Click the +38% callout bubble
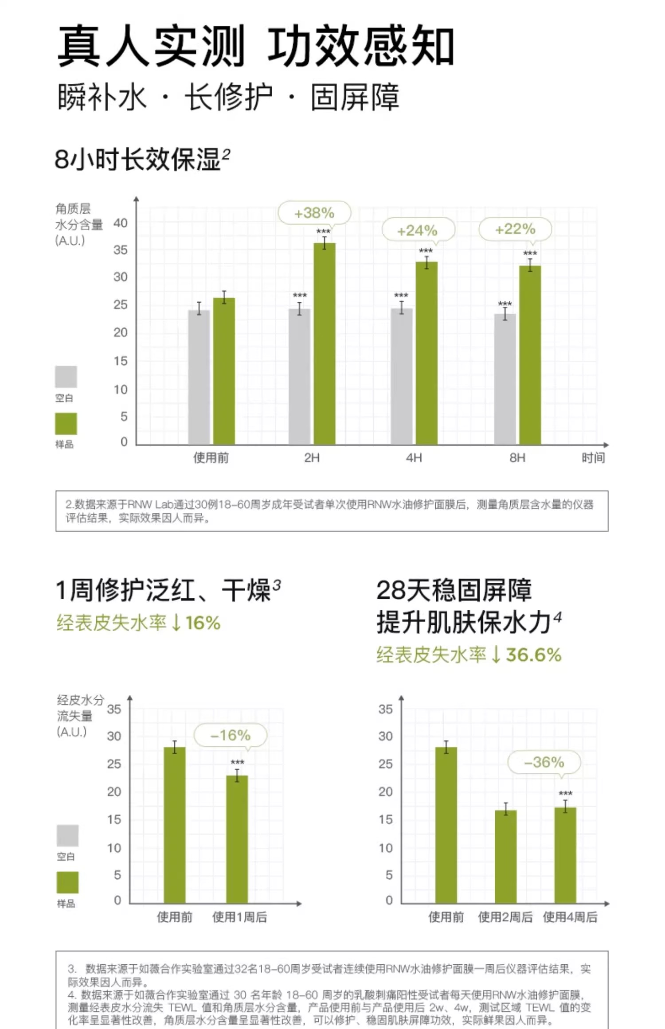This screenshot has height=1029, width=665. (x=314, y=213)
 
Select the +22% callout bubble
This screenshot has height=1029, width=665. (x=515, y=229)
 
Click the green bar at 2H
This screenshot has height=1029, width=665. (x=325, y=343)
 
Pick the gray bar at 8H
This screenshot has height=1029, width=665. (x=505, y=379)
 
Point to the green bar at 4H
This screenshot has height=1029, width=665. (x=426, y=353)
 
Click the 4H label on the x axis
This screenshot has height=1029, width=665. (x=414, y=458)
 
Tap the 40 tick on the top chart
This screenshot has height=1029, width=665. (x=121, y=223)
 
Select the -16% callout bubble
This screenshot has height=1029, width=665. (x=231, y=735)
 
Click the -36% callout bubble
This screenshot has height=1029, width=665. (x=544, y=762)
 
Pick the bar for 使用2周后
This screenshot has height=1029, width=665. (x=506, y=856)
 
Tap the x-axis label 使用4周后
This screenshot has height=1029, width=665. (x=570, y=917)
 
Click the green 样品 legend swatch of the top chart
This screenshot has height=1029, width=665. (x=66, y=424)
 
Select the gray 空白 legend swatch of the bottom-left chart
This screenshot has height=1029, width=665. (x=67, y=835)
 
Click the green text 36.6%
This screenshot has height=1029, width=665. (x=534, y=655)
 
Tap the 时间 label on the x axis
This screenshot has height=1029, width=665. (x=593, y=458)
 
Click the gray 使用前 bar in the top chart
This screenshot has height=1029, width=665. (x=199, y=377)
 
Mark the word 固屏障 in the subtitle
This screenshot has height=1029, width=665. (x=355, y=97)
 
